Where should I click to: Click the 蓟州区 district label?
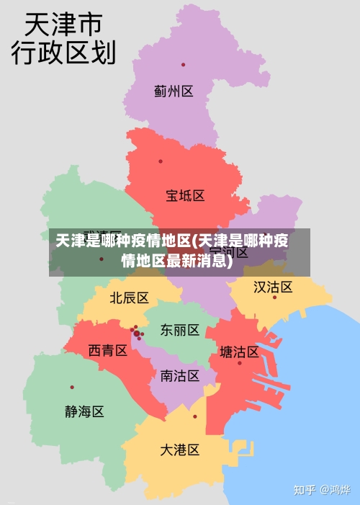click(x=174, y=91)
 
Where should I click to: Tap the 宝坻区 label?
click(x=185, y=195)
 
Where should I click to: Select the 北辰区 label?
click(x=129, y=298)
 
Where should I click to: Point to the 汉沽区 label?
click(x=273, y=287)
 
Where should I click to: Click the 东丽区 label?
click(x=179, y=330)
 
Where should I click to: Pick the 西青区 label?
click(x=107, y=350)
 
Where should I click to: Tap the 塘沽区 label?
click(x=239, y=352)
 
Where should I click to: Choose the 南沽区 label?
click(x=179, y=375)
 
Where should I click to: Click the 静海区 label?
click(x=84, y=411)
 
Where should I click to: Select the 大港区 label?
click(x=179, y=450)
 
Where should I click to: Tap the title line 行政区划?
click(x=63, y=53)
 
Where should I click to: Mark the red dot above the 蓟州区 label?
click(x=183, y=65)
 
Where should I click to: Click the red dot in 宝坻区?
click(x=161, y=161)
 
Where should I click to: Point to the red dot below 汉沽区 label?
click(x=274, y=297)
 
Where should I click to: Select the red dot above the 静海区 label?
click(x=72, y=388)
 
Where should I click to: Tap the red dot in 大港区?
click(x=194, y=416)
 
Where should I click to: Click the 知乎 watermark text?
click(x=305, y=490)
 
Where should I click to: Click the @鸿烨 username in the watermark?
click(x=335, y=490)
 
